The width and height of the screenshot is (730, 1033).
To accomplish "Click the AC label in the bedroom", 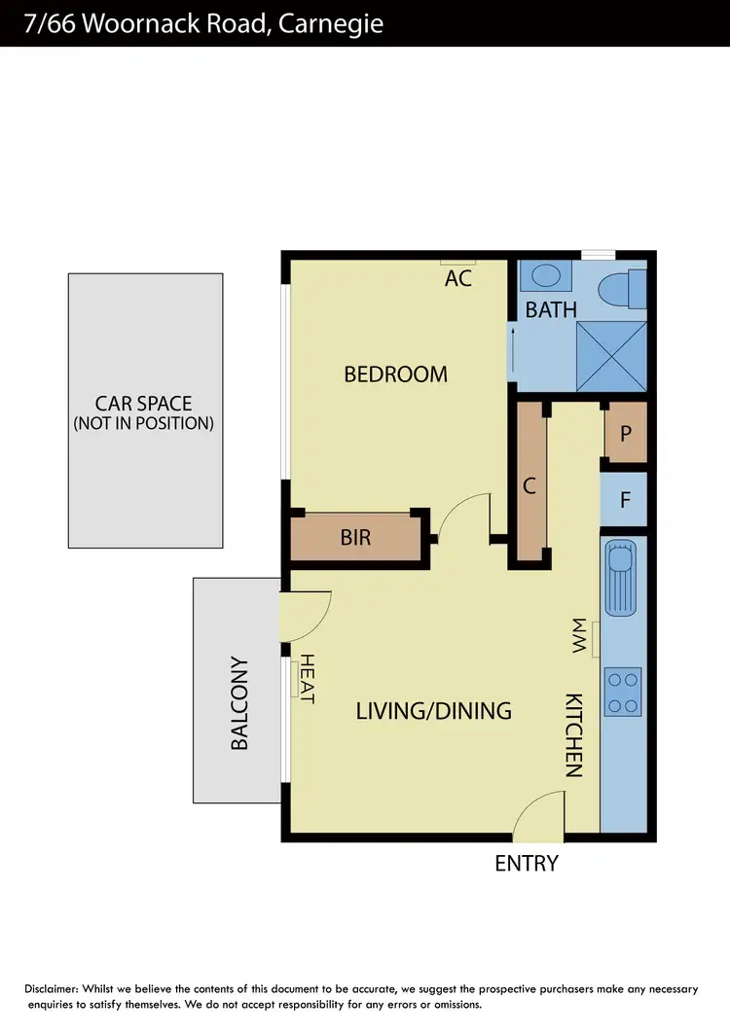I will (458, 278).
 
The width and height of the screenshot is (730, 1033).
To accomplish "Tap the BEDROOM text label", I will (395, 374).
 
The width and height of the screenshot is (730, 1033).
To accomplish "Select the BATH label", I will (551, 310).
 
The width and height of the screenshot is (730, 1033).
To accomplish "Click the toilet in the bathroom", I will (623, 288).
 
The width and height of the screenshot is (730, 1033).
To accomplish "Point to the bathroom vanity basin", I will (545, 275).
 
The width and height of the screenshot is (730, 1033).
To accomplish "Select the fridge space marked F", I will (626, 501).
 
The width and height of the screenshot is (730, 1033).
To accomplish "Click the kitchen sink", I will (621, 578).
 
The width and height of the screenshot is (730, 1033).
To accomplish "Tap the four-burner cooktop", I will (623, 692).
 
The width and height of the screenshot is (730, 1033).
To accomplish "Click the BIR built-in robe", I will (356, 537).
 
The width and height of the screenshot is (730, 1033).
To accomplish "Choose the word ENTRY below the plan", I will (527, 863).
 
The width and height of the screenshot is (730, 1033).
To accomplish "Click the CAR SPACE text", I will (144, 403).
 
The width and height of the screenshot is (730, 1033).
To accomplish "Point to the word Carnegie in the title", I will (331, 23).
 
